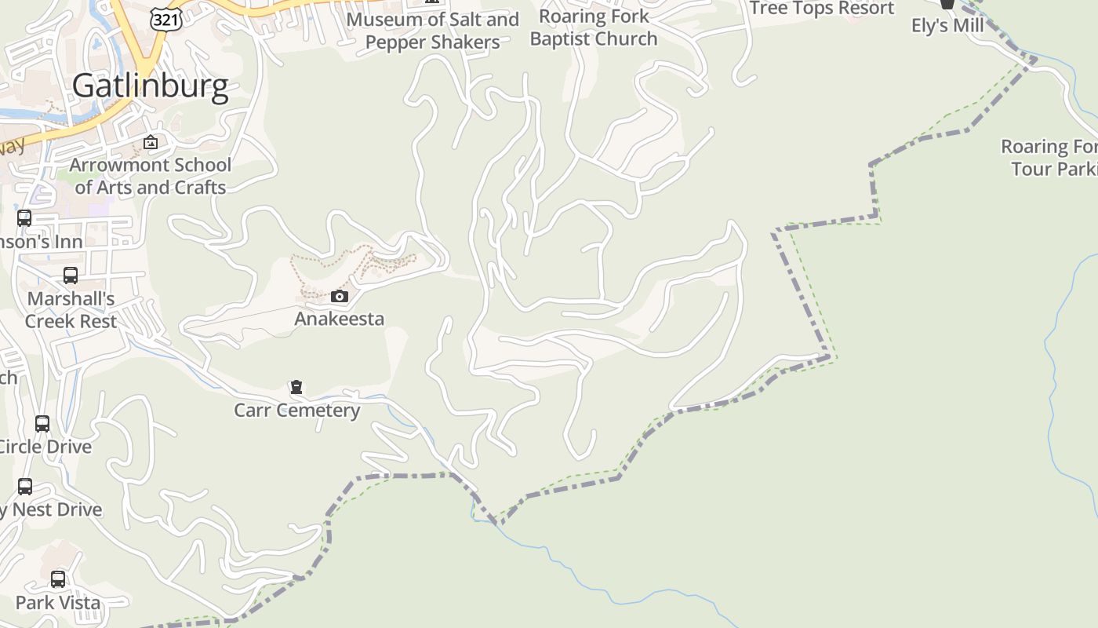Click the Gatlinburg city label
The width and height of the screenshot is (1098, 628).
coord(151,86)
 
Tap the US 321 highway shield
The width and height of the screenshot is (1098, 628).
coord(166,20)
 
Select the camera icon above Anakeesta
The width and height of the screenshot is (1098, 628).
coord(340,296)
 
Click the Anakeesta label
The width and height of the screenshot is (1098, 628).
coord(340,319)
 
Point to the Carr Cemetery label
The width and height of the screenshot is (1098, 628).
coord(297,410)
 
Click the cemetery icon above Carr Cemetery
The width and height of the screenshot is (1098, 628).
coord(296,387)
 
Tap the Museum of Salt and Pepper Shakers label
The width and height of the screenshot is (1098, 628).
coord(432,31)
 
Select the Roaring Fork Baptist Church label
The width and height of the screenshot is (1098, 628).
coord(594,27)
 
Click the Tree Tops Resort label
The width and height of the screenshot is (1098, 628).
coord(822,9)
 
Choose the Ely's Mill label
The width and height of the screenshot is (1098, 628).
coord(947,26)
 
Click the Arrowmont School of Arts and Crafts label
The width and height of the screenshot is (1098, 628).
coord(150,176)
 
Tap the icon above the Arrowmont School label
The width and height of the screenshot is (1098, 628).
coord(151,143)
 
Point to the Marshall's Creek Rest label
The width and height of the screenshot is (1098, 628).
coord(71,310)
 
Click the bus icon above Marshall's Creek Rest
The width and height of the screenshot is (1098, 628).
coord(71,276)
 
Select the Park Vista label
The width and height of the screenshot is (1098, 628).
coord(58,603)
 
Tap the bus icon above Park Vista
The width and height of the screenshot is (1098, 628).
coord(58,579)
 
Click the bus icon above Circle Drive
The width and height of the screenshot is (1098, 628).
coord(42,424)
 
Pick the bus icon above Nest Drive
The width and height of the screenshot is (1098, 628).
coord(25,487)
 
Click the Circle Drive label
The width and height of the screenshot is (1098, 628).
coord(45,447)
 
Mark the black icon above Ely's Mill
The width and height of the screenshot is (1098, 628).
coord(947,4)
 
